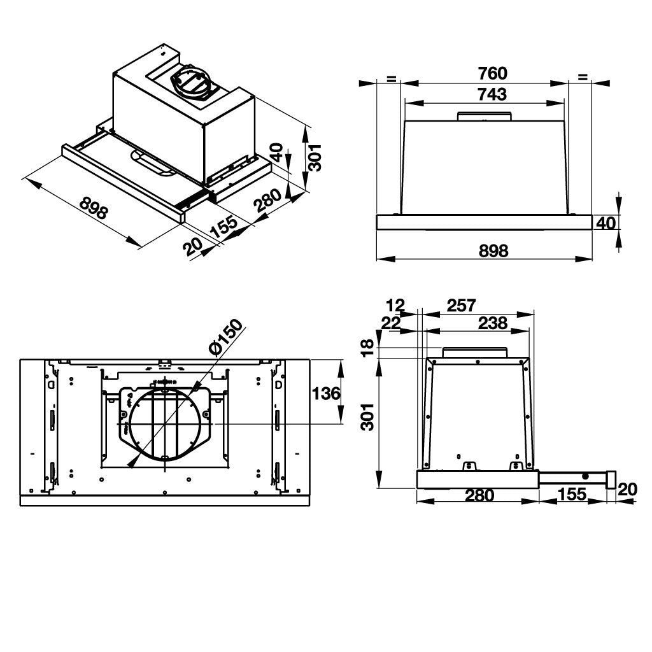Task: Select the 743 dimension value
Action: tap(492, 94)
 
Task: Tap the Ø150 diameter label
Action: tap(226, 338)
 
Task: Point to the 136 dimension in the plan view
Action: tap(326, 393)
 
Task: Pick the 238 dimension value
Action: tap(493, 323)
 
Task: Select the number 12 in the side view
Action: tap(395, 305)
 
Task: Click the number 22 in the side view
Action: tap(390, 323)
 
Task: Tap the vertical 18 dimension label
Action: tap(368, 348)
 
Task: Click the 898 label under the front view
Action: tap(493, 251)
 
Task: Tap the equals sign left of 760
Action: tap(391, 78)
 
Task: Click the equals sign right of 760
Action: tap(582, 78)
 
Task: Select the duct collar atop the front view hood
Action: tap(485, 116)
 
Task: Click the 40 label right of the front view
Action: tap(606, 223)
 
